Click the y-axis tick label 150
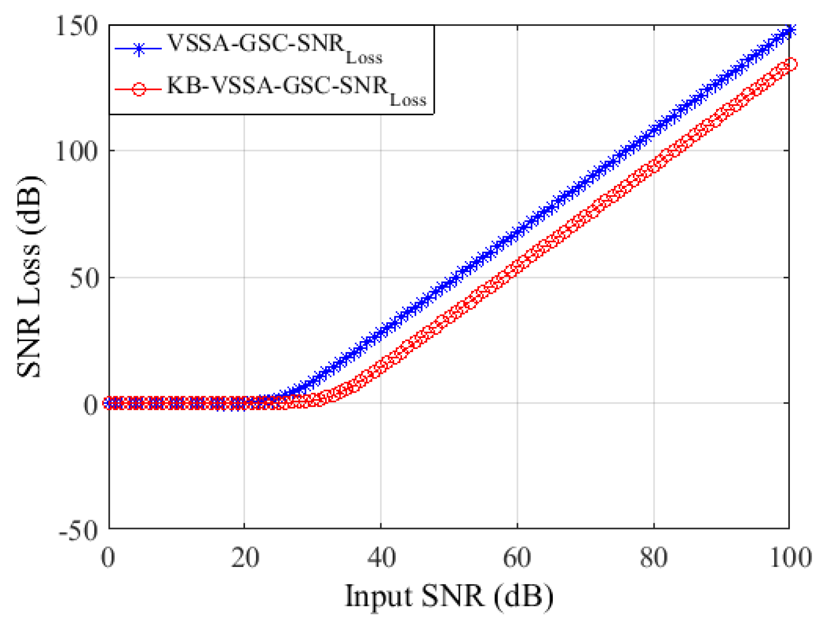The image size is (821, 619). click(x=77, y=25)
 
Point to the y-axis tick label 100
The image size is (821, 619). click(x=77, y=152)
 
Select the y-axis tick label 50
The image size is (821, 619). click(x=84, y=278)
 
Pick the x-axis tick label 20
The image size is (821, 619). click(x=245, y=557)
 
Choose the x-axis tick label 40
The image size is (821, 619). click(x=381, y=557)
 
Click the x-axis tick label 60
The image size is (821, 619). click(x=517, y=557)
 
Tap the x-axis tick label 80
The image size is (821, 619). click(x=653, y=557)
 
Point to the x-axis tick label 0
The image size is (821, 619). click(x=108, y=557)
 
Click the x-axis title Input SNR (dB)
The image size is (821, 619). click(x=449, y=596)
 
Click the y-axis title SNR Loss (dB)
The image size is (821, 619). click(x=29, y=276)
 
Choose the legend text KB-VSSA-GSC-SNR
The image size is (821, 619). click(x=277, y=85)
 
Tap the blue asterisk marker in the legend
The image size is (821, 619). click(x=139, y=49)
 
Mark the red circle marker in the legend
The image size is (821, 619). click(x=139, y=89)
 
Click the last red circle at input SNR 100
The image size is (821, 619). click(x=790, y=64)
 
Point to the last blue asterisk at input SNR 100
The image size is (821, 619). click(x=789, y=29)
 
